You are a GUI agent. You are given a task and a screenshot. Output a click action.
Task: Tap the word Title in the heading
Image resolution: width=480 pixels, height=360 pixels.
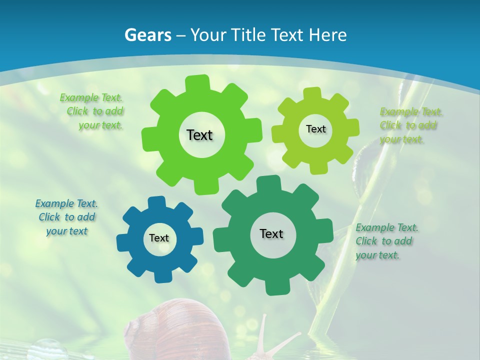pos(249,35)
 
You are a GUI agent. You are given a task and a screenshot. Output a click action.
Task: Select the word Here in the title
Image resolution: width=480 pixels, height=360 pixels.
pos(327,35)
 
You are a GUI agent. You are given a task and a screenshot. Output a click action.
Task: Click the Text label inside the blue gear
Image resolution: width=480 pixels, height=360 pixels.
pos(159,238)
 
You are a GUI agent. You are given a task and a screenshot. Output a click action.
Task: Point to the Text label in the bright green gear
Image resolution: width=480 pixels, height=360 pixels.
pos(199,135)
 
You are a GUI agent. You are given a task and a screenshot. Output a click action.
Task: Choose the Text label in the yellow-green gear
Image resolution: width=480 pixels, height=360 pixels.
pos(315,129)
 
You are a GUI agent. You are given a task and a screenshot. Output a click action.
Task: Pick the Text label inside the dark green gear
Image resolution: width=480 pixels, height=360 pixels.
pos(271,233)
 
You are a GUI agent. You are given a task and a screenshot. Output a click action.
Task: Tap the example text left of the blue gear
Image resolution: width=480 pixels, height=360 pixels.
pos(66,217)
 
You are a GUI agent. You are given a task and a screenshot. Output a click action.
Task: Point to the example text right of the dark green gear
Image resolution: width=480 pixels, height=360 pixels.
pos(387,241)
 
